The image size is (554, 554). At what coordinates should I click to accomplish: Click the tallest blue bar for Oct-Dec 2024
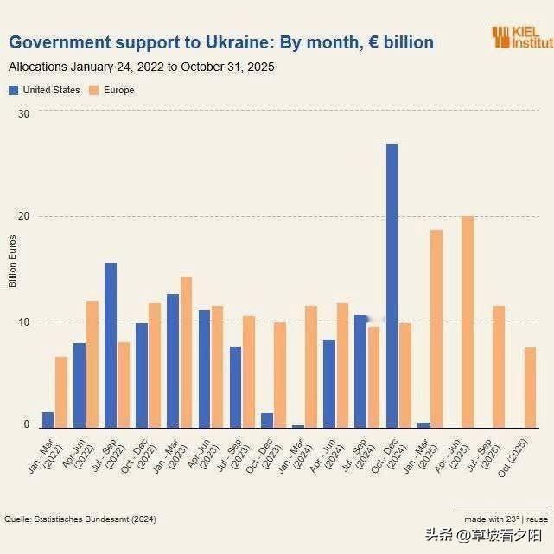click(x=392, y=285)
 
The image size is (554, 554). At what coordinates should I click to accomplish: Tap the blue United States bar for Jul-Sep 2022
click(x=111, y=345)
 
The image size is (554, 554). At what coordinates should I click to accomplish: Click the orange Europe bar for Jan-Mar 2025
click(x=436, y=328)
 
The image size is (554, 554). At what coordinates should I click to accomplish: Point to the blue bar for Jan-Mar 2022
click(x=48, y=419)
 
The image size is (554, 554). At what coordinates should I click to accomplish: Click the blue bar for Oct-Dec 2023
click(x=267, y=420)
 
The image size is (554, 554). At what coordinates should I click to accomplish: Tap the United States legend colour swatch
click(x=14, y=90)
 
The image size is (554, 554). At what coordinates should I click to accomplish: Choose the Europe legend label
click(x=118, y=90)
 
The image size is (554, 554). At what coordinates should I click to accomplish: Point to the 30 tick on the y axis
click(x=23, y=113)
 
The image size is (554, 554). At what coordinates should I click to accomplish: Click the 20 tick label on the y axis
click(x=23, y=217)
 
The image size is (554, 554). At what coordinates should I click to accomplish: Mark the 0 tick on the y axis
click(x=26, y=425)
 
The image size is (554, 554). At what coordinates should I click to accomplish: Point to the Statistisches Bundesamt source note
click(x=80, y=519)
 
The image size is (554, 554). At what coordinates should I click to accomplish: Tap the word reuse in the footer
click(x=537, y=519)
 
